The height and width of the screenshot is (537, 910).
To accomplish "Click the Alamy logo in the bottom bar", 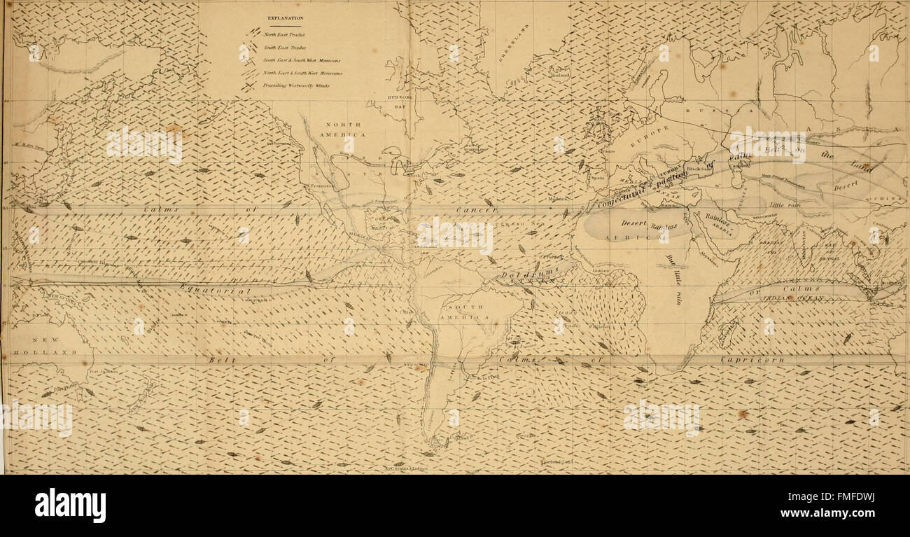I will (x=70, y=505).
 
